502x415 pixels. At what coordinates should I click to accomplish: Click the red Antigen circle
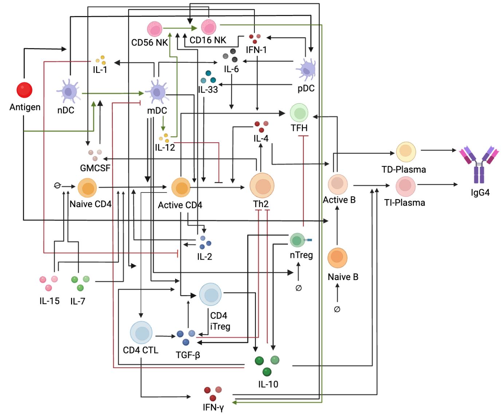pos(24,90)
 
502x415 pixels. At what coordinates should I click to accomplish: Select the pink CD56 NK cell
pos(155,29)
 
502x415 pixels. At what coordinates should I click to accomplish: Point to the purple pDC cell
pos(306,69)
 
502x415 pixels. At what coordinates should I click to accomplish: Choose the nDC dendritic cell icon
pos(68,91)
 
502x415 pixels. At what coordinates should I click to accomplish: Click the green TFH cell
pos(299,113)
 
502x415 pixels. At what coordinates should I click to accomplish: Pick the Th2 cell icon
pos(262,186)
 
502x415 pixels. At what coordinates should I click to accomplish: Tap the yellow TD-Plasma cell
pos(406,152)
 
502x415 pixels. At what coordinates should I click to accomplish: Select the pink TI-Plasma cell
pos(406,186)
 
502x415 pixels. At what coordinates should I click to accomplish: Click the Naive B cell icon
pos(337,258)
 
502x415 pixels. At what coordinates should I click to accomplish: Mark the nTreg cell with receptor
pos(298,240)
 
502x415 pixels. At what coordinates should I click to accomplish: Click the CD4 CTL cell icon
pos(141,333)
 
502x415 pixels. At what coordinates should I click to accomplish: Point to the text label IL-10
pos(268,384)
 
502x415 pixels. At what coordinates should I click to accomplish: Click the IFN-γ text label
pos(213,408)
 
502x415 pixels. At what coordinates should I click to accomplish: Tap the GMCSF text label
pos(95,168)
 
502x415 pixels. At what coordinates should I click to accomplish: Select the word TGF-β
pos(188,355)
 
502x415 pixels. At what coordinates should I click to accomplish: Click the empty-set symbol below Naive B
pos(337,309)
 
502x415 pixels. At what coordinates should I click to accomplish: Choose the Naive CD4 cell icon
pos(87,188)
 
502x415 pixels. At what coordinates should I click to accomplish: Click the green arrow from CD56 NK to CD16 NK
pos(180,28)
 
